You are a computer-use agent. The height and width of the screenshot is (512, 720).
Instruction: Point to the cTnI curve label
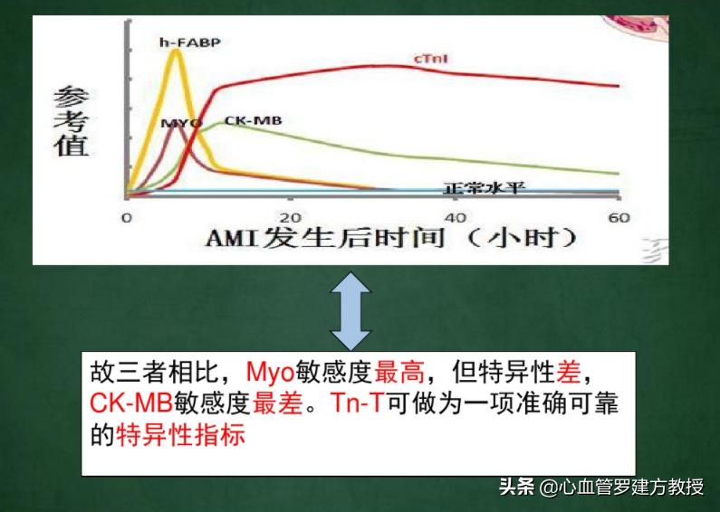click(x=432, y=60)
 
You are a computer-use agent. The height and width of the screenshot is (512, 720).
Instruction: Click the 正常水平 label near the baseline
click(x=485, y=188)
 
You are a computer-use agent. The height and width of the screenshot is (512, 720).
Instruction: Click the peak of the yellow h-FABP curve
click(x=177, y=51)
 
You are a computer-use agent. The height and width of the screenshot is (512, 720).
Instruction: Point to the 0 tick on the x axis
click(x=127, y=218)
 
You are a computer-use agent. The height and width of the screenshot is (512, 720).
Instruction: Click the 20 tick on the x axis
click(x=290, y=218)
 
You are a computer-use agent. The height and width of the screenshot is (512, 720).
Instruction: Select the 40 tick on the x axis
click(x=456, y=218)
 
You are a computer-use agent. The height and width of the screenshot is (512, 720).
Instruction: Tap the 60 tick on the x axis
click(x=619, y=218)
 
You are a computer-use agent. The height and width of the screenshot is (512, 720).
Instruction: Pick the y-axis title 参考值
click(x=71, y=121)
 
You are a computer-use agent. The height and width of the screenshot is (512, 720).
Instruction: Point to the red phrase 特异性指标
click(x=181, y=435)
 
